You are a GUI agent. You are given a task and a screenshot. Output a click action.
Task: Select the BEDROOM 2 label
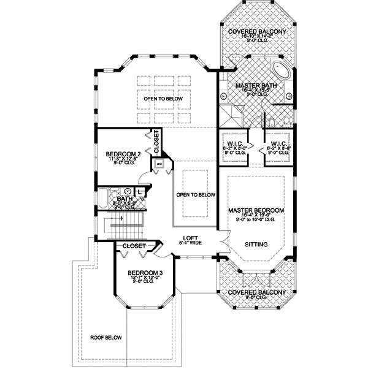coord(123,154)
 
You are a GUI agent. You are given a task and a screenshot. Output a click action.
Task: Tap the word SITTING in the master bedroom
coord(256,244)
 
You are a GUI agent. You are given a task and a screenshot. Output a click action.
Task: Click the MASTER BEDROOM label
coord(256,210)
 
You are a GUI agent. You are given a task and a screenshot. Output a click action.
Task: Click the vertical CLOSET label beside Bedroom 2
coord(156,142)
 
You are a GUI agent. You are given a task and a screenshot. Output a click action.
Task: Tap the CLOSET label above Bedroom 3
coord(134,246)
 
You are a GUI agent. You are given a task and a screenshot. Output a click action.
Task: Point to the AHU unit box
coord(158,164)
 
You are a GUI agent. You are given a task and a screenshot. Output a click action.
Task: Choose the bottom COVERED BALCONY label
coord(256,292)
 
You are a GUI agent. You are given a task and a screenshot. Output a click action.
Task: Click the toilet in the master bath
coord(286,113)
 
